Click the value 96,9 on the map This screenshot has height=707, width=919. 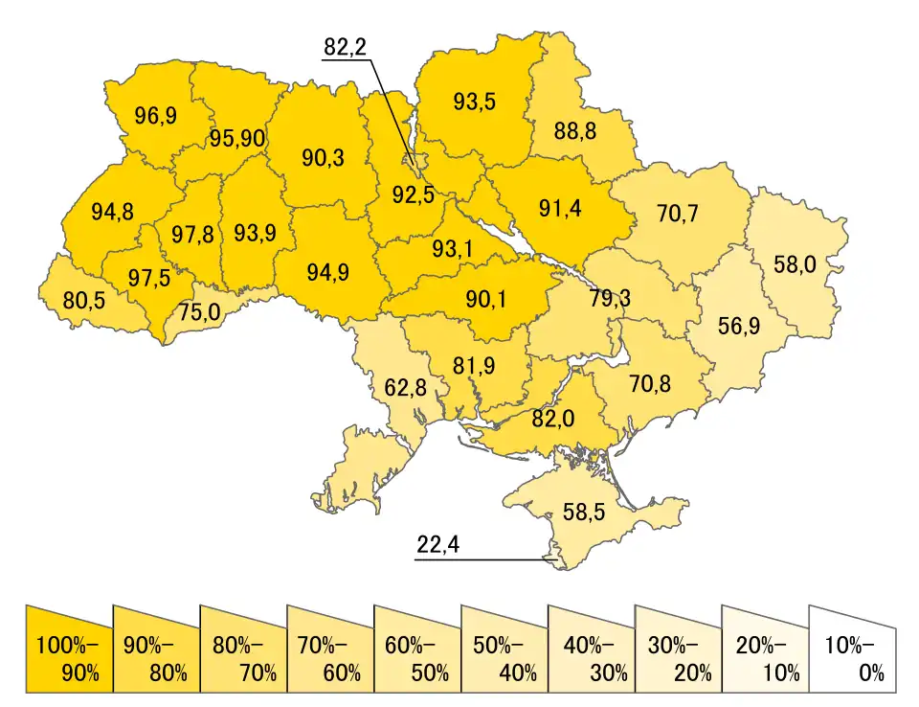[x=155, y=116]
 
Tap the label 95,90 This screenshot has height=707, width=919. [x=237, y=138]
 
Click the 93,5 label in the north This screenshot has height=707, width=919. [x=474, y=101]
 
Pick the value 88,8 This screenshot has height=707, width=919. [x=574, y=130]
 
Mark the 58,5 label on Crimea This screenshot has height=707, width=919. [x=583, y=512]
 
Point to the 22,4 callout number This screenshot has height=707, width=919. [x=438, y=544]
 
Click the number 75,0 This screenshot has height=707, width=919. [x=203, y=312]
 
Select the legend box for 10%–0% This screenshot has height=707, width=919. [x=852, y=649]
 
